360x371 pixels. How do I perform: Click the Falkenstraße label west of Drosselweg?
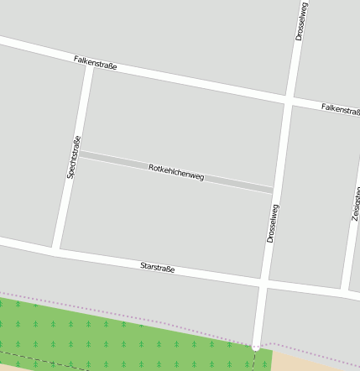click(95, 62)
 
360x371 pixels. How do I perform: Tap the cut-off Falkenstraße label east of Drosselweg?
click(340, 109)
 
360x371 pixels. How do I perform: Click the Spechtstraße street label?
click(73, 157)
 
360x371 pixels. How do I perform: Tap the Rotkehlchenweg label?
click(176, 172)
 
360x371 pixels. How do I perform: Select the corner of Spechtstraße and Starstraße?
click(56, 249)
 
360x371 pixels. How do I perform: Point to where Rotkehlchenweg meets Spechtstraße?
click(76, 154)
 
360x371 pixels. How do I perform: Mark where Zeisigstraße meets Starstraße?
click(345, 291)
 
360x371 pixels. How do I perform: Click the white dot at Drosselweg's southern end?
click(255, 345)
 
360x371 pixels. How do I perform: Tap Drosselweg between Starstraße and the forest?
click(260, 315)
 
